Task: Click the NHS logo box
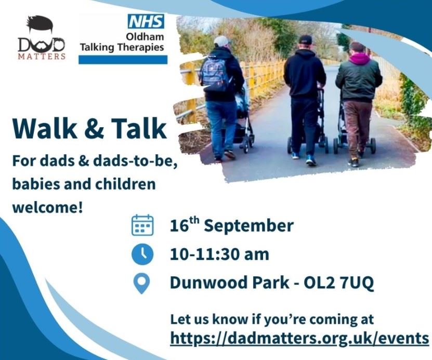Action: [146, 21]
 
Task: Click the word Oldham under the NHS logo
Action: [145, 36]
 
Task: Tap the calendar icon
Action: [142, 225]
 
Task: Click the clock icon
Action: [142, 255]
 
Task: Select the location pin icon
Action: [141, 284]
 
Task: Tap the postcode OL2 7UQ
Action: [338, 283]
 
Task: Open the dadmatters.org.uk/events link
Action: [300, 338]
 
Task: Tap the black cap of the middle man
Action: [306, 40]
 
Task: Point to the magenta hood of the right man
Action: [360, 59]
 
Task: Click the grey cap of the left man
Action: [222, 41]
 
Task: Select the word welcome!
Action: [47, 207]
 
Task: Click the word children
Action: [125, 184]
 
